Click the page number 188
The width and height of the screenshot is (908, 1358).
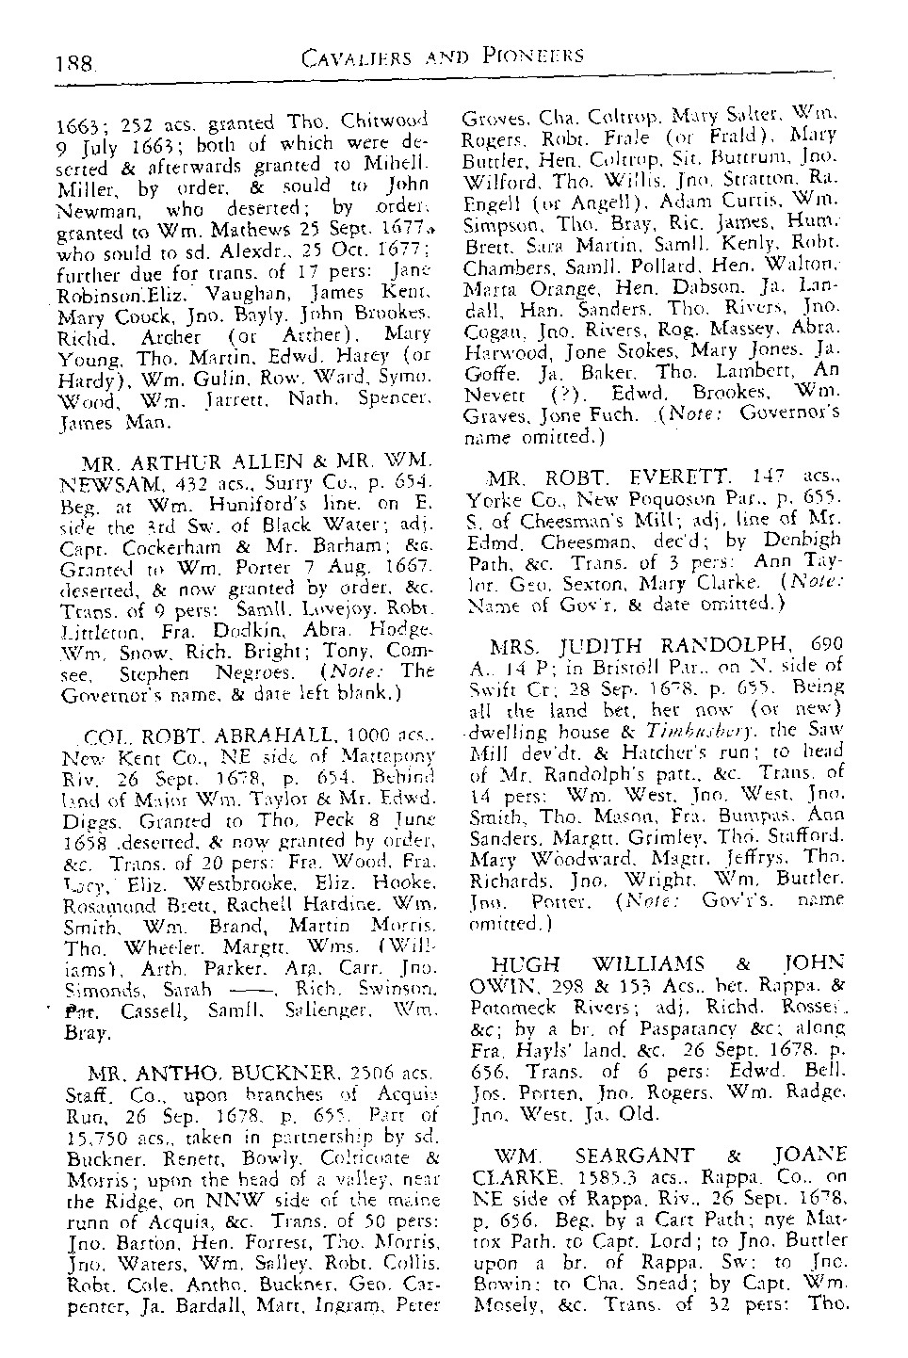76,65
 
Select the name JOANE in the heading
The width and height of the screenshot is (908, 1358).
811,1155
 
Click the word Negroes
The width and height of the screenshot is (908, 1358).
272,675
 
